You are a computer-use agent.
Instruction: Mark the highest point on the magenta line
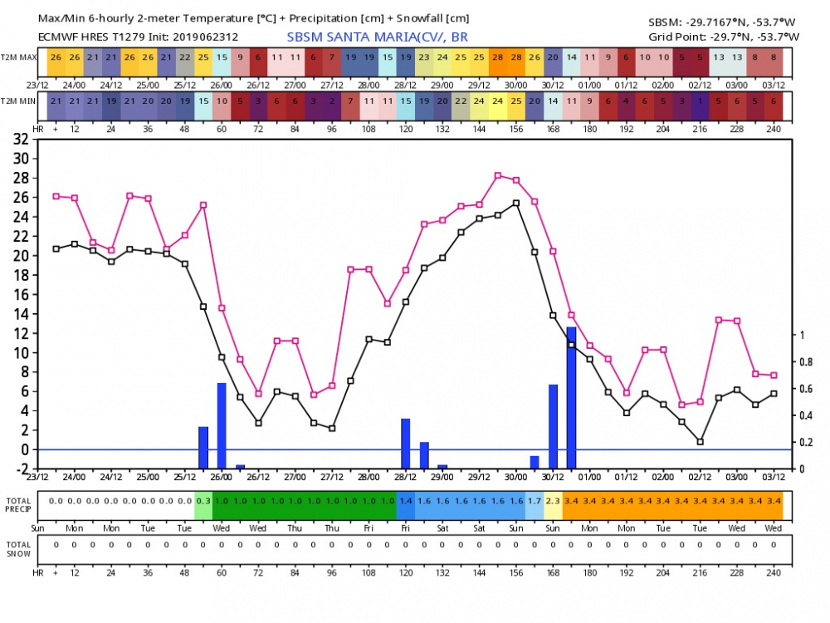pos(498,175)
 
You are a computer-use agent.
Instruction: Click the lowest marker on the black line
pos(700,442)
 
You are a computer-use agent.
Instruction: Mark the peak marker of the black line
pos(516,203)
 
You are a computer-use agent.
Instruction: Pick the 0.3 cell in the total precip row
pos(203,501)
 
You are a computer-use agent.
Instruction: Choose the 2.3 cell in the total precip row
pos(553,501)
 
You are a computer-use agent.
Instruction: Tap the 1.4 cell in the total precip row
pos(406,501)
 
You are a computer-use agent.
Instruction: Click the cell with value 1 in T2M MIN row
pos(700,101)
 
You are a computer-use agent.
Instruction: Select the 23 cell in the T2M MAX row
pos(424,56)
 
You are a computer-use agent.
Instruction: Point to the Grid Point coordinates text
pos(724,37)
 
